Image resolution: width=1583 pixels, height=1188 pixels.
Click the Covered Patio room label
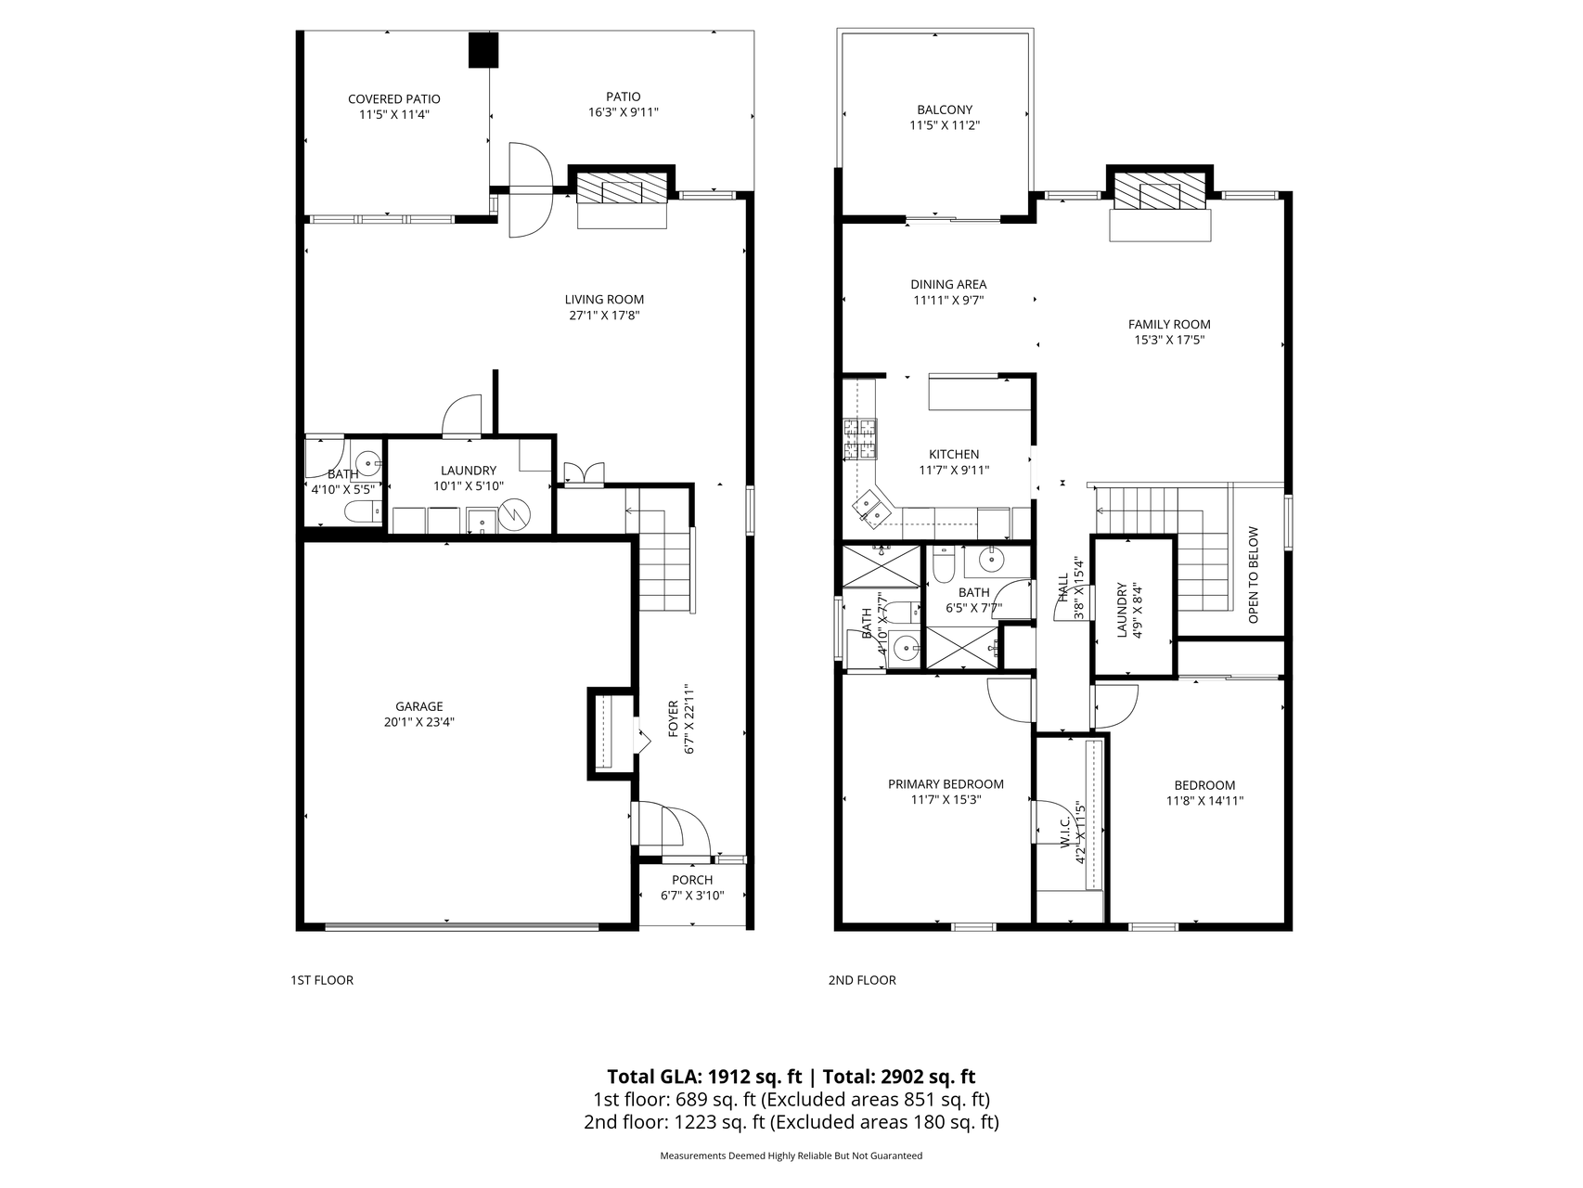(x=393, y=99)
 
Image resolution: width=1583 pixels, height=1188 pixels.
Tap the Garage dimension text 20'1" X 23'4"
(x=419, y=721)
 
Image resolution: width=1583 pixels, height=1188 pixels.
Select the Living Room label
(x=604, y=300)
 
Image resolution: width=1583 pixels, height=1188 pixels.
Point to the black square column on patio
(x=483, y=50)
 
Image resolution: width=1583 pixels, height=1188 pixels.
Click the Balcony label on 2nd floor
(x=945, y=110)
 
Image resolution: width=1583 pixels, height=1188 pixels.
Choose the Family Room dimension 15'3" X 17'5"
(x=1169, y=340)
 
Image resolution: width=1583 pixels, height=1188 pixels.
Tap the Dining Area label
(x=948, y=285)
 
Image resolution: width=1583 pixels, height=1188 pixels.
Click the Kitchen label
(x=954, y=455)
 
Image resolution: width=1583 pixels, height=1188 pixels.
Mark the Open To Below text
(x=1254, y=575)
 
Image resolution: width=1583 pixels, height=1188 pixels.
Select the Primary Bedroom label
(x=946, y=784)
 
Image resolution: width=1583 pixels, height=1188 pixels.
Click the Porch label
(x=692, y=880)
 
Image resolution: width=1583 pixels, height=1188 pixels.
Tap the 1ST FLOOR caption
(x=322, y=980)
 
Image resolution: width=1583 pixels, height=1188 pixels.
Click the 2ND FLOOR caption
(x=862, y=980)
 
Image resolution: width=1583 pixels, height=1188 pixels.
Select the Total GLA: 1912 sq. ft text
(x=704, y=1077)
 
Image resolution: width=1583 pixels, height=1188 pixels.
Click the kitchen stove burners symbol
(x=859, y=440)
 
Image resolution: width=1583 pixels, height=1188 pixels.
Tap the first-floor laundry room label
(x=469, y=471)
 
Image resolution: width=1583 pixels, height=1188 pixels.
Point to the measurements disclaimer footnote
(x=791, y=1156)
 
